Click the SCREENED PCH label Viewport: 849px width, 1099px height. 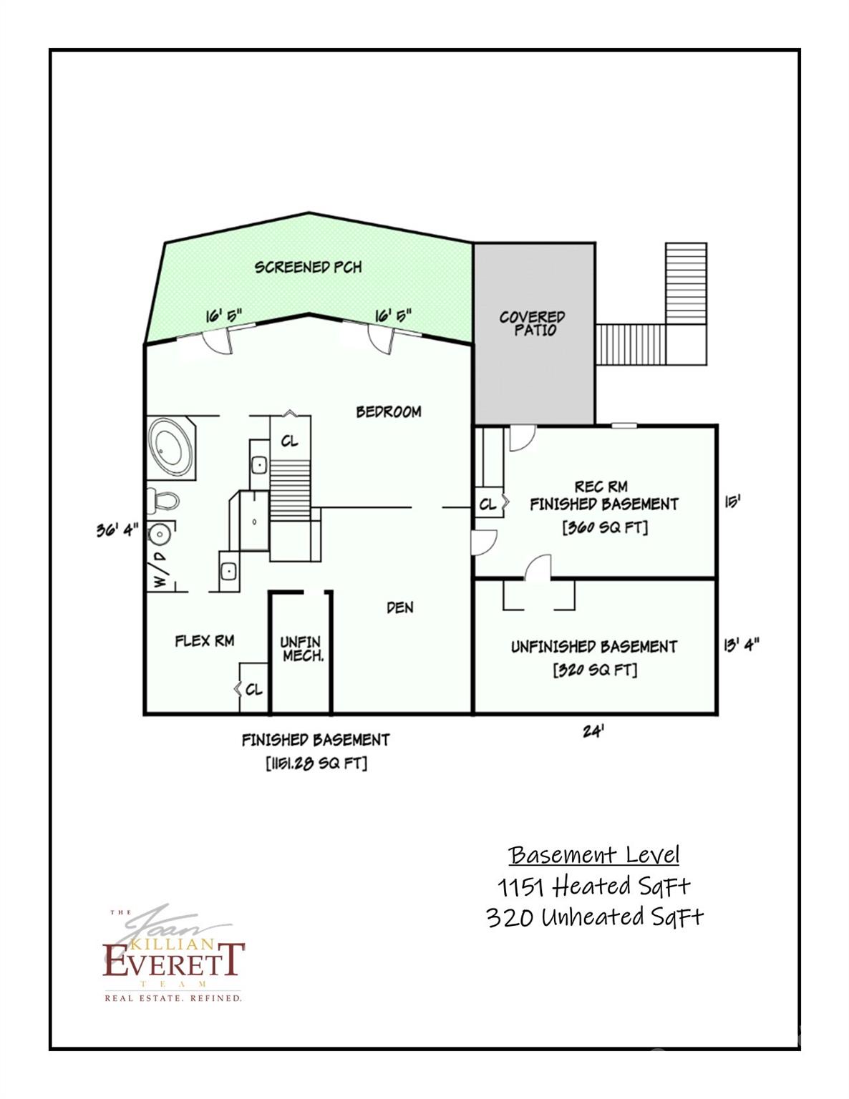309,268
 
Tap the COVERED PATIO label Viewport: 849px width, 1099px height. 533,323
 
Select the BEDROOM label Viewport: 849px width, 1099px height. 389,412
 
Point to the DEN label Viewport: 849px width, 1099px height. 399,607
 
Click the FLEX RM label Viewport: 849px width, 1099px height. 205,641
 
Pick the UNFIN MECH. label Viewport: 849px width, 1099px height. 301,649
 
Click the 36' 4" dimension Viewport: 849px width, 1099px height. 117,531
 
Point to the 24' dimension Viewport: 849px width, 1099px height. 591,732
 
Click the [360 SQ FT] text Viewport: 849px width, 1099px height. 605,528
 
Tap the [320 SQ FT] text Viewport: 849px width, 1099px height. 595,670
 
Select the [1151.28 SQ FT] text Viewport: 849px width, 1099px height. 316,763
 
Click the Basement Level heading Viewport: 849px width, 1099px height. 594,855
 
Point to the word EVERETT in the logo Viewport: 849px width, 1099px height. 174,960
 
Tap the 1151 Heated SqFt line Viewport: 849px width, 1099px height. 594,886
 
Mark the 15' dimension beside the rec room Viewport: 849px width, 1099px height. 732,502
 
